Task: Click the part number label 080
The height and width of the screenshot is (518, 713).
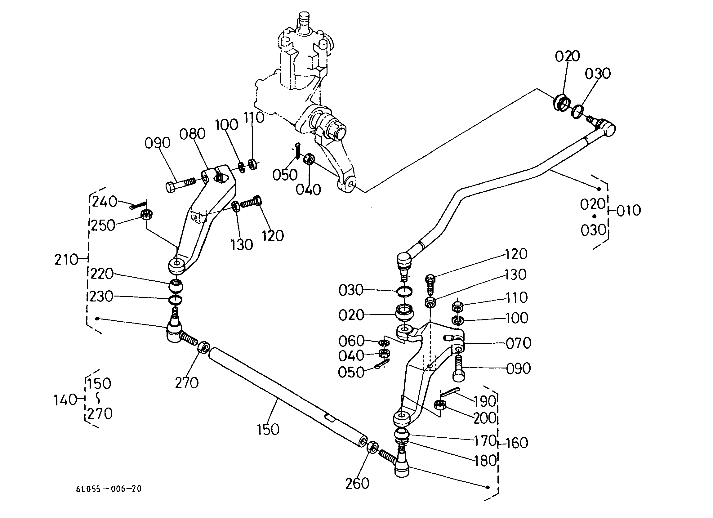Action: coord(192,134)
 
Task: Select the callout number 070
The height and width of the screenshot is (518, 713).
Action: coord(519,343)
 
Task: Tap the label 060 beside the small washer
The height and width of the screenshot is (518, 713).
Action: coord(351,341)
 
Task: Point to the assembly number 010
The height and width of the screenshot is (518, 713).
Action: coord(628,210)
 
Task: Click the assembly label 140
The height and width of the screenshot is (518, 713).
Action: coord(65,400)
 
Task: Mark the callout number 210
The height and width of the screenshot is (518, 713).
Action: coord(66,260)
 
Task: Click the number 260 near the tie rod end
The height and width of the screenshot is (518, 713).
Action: coord(357,484)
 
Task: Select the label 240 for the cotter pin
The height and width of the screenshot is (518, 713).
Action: coord(105,201)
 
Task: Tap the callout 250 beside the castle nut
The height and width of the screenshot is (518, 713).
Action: coord(103,226)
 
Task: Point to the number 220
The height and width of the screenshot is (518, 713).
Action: coord(102,274)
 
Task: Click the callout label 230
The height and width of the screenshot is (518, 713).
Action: coord(101,297)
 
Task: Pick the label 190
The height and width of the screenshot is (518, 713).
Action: coord(485,401)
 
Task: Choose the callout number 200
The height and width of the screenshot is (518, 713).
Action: coord(484,418)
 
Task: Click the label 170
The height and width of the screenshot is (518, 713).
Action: coord(485,441)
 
